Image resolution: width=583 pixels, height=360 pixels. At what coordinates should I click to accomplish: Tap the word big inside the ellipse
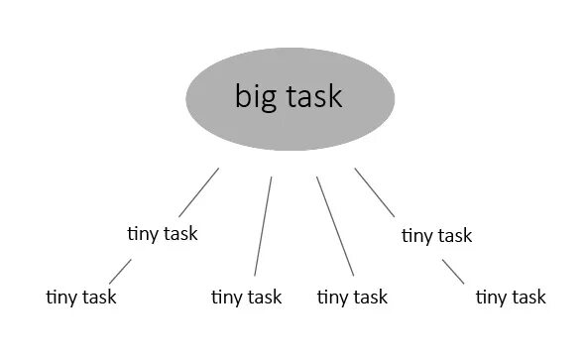251,97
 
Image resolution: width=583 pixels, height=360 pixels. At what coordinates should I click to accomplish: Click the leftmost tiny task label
81,297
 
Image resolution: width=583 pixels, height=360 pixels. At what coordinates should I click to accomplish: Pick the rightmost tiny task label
511,297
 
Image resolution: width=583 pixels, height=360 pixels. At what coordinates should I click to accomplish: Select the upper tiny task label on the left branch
163,234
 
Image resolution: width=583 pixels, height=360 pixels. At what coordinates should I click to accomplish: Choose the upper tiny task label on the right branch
436,236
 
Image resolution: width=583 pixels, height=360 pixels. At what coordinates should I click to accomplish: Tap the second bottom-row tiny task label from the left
247,297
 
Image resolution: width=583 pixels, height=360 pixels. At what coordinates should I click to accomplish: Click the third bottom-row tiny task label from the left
352,297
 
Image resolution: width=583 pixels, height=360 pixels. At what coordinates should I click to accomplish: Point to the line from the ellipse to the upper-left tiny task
198,191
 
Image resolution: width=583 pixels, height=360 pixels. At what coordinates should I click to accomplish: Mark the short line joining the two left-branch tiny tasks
120,270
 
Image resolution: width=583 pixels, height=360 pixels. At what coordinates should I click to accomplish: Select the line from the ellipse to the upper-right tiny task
374,191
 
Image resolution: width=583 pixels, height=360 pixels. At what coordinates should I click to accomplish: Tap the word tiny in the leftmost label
62,297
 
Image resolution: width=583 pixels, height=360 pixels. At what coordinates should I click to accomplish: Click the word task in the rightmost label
527,297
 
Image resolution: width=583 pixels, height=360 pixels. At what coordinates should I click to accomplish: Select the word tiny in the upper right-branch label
417,236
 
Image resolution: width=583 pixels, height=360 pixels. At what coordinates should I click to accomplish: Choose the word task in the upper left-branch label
180,234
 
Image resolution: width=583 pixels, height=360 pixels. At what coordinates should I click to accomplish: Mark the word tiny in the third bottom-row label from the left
333,297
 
